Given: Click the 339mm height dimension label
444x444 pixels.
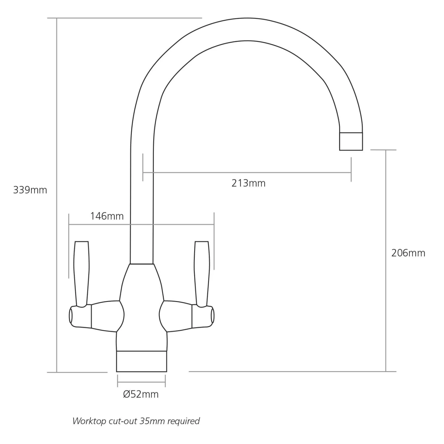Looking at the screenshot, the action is point(30,190).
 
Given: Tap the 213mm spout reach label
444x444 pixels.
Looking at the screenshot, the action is point(248,183).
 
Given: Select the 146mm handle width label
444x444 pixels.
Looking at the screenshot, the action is point(107,216).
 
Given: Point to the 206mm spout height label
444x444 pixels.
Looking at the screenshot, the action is point(408,253).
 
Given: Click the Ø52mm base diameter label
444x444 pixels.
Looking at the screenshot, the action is point(141,394).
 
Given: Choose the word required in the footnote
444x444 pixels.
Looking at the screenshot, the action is point(184,421).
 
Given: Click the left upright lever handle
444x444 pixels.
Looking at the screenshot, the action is point(82,274).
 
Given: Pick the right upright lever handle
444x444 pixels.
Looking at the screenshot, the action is point(202,274).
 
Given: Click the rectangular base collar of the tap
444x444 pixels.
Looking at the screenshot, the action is point(141,361).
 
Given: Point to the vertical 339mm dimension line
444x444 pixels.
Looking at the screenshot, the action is point(56,195).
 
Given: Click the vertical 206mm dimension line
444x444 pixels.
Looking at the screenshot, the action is point(386,261).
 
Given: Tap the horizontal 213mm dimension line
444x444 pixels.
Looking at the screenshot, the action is point(247,172).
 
